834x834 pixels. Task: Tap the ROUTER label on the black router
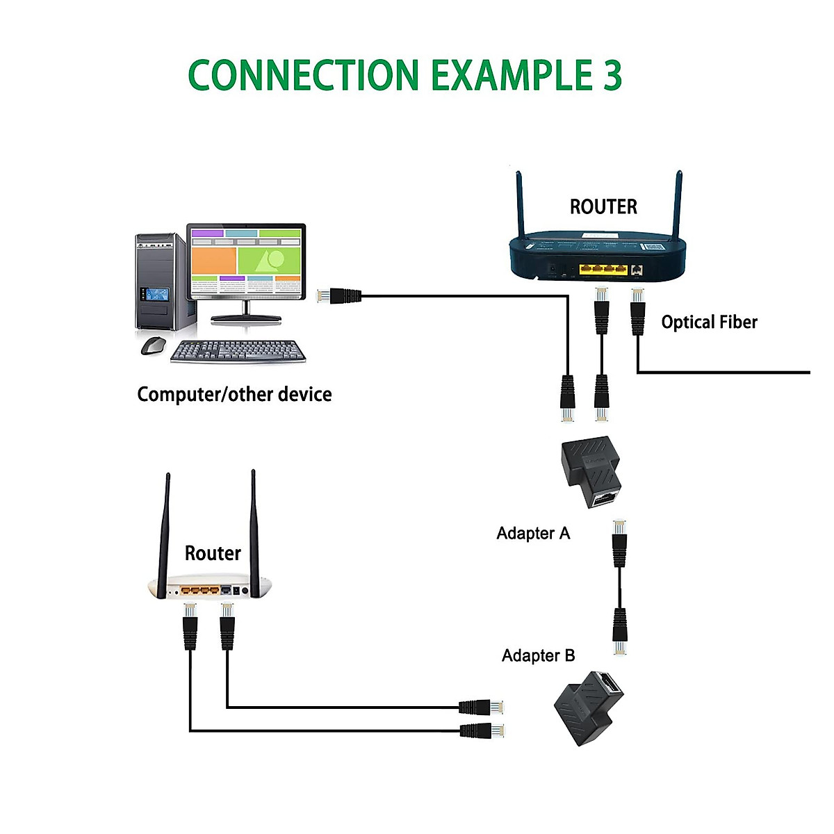point(603,206)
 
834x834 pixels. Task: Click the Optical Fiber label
point(709,322)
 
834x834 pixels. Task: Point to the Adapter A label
point(533,533)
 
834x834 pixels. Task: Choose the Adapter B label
point(538,655)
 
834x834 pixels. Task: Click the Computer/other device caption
point(234,394)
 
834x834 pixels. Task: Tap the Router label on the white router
point(213,553)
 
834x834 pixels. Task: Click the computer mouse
point(153,345)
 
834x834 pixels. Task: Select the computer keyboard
point(238,352)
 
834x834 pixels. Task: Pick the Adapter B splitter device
point(589,708)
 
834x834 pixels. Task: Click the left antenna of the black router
point(519,205)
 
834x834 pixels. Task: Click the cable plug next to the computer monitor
point(339,295)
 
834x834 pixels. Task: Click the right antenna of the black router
point(677,205)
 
